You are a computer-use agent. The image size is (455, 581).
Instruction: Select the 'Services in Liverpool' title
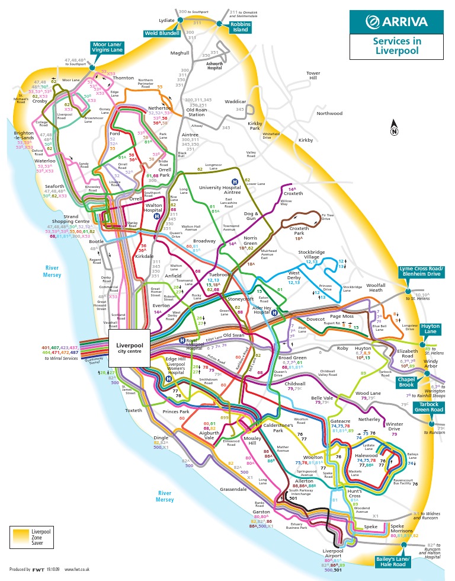[x=396, y=46]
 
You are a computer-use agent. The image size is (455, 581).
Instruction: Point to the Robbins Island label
[x=241, y=26]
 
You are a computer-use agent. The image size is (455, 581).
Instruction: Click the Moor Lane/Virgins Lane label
[x=107, y=47]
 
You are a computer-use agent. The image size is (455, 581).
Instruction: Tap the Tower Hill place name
[x=313, y=75]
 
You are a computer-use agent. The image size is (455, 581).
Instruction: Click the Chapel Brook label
[x=407, y=384]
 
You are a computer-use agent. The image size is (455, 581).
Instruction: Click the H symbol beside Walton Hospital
[x=156, y=216]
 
